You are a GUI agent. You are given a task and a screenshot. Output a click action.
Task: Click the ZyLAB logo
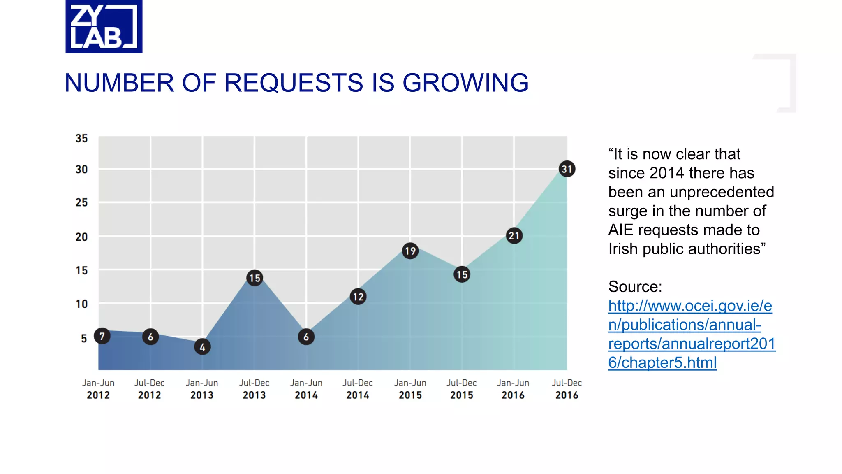pyautogui.click(x=104, y=26)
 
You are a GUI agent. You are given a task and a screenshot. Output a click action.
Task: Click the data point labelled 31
pyautogui.click(x=567, y=169)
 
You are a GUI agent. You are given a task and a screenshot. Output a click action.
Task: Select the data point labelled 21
pyautogui.click(x=514, y=236)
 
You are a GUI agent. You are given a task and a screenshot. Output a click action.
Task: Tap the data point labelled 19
pyautogui.click(x=410, y=251)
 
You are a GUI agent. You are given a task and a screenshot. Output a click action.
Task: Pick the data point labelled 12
pyautogui.click(x=358, y=297)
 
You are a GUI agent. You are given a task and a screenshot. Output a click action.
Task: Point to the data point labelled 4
pyautogui.click(x=202, y=347)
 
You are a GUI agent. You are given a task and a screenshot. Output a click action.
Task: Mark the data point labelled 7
pyautogui.click(x=102, y=336)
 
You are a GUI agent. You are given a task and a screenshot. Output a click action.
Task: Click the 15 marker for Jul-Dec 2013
pyautogui.click(x=254, y=278)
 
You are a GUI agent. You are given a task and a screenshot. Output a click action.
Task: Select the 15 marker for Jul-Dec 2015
pyautogui.click(x=462, y=274)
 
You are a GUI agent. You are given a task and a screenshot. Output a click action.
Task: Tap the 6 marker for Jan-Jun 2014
pyautogui.click(x=306, y=337)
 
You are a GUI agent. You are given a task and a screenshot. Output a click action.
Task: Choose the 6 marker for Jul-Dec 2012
pyautogui.click(x=150, y=337)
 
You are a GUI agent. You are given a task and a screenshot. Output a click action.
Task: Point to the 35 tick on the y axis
pyautogui.click(x=81, y=138)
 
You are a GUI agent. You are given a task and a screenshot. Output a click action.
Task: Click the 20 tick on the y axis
pyautogui.click(x=81, y=237)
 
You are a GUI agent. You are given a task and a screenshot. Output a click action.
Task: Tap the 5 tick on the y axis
pyautogui.click(x=84, y=338)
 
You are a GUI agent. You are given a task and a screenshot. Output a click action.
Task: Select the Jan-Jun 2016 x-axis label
pyautogui.click(x=513, y=389)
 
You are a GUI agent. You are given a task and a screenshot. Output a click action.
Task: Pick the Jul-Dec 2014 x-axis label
pyautogui.click(x=358, y=389)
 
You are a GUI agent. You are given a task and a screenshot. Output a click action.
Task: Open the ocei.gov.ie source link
pyautogui.click(x=691, y=334)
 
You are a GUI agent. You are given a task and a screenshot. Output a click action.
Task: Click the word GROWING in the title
pyautogui.click(x=465, y=83)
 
